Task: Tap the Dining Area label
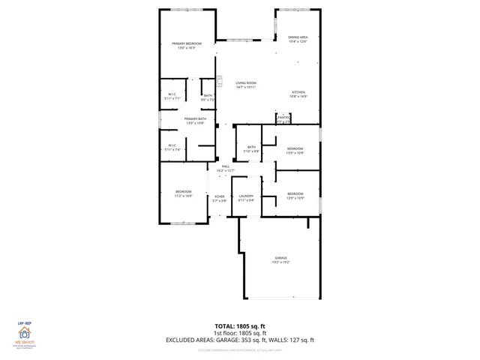click(x=298, y=37)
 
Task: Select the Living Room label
click(x=246, y=83)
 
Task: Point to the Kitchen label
click(x=298, y=93)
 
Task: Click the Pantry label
click(x=283, y=118)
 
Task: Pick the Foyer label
click(x=220, y=197)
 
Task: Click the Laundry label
click(x=247, y=197)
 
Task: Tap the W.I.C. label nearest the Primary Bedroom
click(x=172, y=94)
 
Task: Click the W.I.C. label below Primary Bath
click(x=172, y=146)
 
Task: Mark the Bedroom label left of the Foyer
click(x=184, y=192)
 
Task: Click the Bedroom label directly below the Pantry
click(x=295, y=149)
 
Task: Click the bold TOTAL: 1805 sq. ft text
click(x=240, y=327)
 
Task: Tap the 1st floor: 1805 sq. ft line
click(x=240, y=334)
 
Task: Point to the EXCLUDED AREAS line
click(x=240, y=340)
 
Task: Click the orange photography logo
click(x=25, y=335)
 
